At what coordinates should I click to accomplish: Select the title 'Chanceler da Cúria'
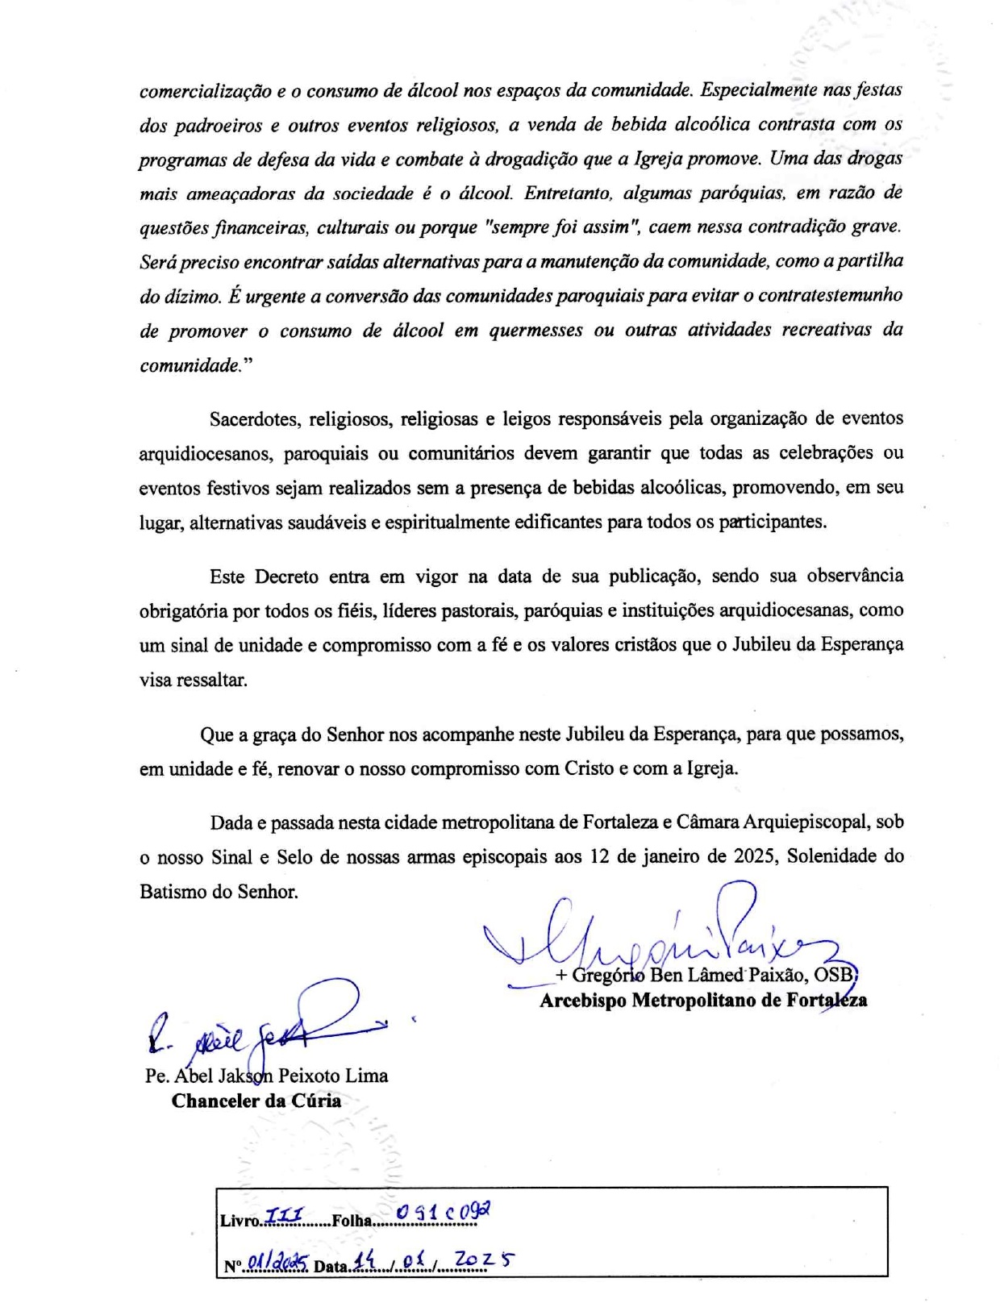(256, 1101)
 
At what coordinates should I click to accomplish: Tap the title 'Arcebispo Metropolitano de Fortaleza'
(703, 1001)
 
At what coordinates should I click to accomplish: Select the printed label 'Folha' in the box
(352, 1220)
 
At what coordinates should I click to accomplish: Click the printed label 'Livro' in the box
(240, 1220)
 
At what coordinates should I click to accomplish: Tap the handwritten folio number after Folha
(444, 1213)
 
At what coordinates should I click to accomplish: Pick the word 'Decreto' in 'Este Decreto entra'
(286, 577)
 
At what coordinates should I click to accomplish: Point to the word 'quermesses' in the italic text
(535, 331)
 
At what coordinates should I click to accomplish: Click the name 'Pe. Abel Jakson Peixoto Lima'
(266, 1076)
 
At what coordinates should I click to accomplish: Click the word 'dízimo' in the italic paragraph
(190, 296)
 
